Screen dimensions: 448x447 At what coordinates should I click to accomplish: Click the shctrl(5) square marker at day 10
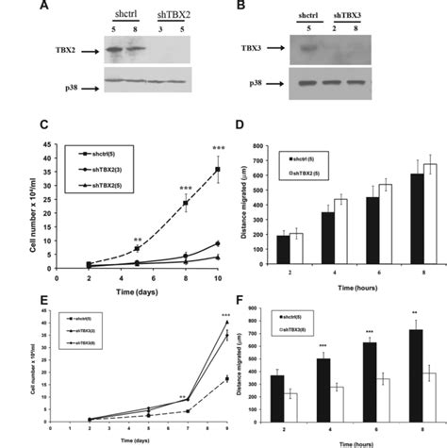[x=219, y=171]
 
